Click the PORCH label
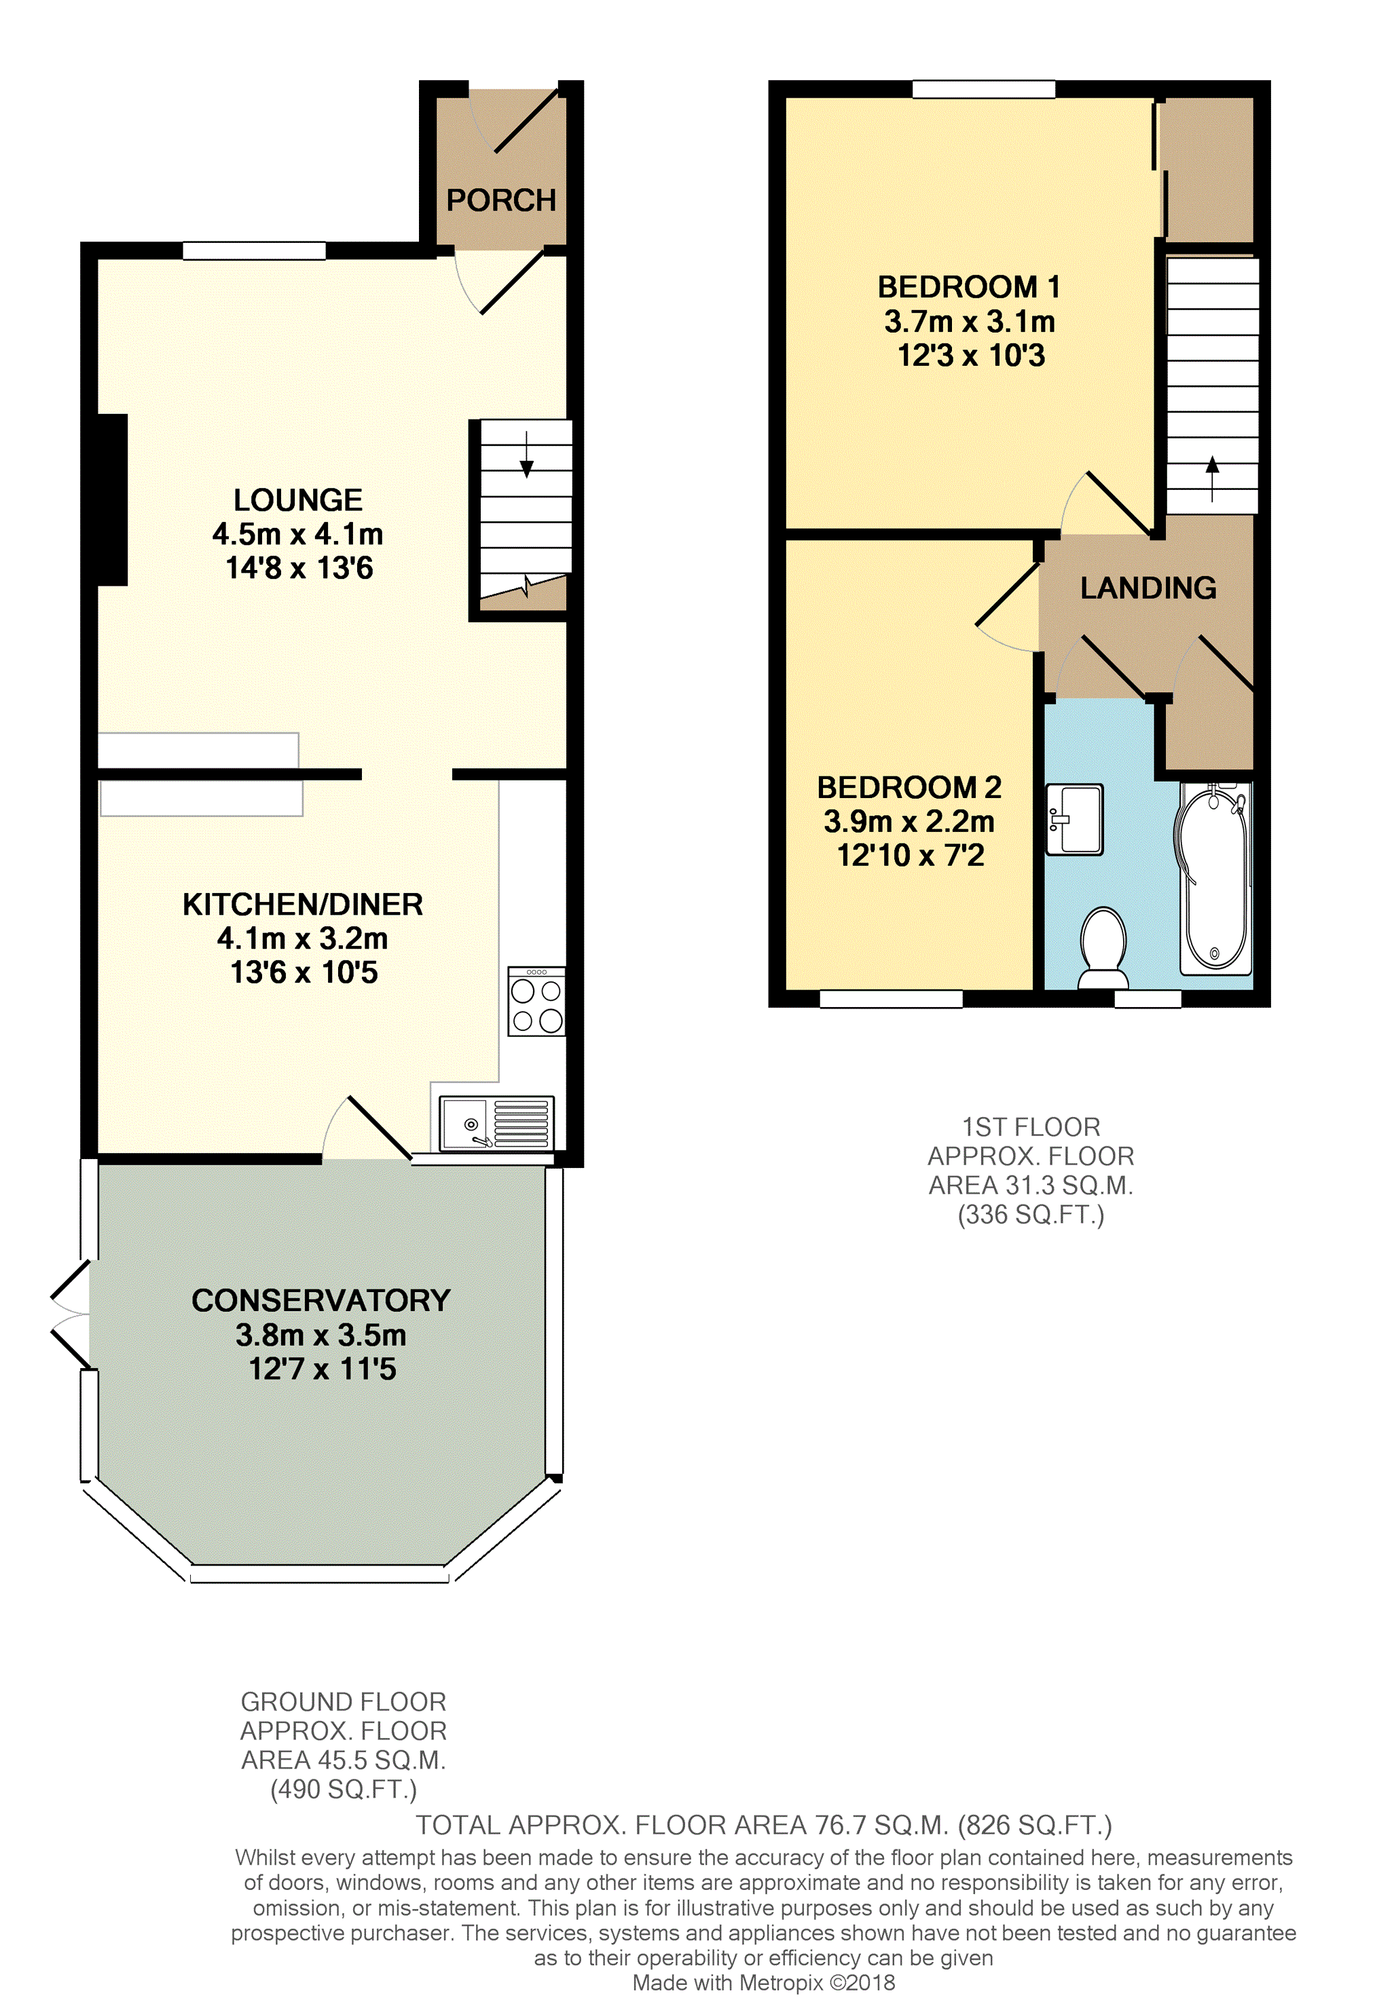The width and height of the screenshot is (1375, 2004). (501, 200)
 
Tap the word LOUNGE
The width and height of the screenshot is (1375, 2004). (299, 500)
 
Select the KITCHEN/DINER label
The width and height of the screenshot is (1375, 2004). (303, 905)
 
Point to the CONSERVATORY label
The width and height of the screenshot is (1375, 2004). (321, 1300)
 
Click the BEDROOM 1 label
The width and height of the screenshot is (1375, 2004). (969, 286)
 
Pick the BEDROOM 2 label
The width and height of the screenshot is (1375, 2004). (909, 787)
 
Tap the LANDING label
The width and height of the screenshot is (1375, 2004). (1148, 588)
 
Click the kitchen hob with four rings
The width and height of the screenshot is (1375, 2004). (536, 1001)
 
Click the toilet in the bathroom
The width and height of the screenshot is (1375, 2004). (1103, 947)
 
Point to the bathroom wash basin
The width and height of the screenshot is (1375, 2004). (1074, 819)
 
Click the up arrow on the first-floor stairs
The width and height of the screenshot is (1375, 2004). (1212, 478)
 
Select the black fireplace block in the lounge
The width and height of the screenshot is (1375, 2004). (113, 500)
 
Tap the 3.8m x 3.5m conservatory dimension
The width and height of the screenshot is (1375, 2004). (321, 1335)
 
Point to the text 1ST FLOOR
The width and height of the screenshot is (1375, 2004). (1031, 1127)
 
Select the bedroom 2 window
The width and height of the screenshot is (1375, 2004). (890, 998)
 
